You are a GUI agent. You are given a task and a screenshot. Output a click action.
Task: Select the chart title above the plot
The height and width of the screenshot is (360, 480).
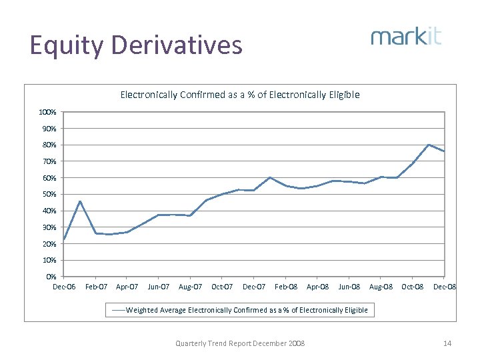point(240,95)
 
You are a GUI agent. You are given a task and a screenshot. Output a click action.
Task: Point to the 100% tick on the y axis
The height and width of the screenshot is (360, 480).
point(47,112)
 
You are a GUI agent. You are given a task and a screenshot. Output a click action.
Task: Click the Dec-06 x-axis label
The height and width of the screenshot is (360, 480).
point(64,287)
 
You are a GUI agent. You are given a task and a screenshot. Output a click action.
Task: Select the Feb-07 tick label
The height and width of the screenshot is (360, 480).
point(96,287)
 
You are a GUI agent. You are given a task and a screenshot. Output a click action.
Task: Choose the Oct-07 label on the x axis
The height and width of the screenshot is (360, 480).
point(222,287)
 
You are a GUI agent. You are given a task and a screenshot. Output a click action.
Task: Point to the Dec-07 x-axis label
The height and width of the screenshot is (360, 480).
point(253,287)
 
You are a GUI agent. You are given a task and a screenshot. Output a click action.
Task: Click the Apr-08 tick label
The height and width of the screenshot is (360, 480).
point(317,287)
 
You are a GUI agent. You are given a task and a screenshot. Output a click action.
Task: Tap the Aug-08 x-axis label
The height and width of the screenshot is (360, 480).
point(380,287)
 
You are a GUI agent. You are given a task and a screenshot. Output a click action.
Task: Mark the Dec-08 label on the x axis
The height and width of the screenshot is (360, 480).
point(444,287)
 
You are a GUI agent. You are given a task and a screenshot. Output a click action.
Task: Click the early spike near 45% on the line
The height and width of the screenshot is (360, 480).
point(80,201)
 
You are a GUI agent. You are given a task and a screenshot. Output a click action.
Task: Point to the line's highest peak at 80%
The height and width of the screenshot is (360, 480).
point(429,145)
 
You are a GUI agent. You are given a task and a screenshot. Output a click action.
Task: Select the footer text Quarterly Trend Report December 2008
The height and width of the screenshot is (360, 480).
point(240,343)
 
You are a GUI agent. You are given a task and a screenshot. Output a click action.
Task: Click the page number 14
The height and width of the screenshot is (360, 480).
point(447,343)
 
